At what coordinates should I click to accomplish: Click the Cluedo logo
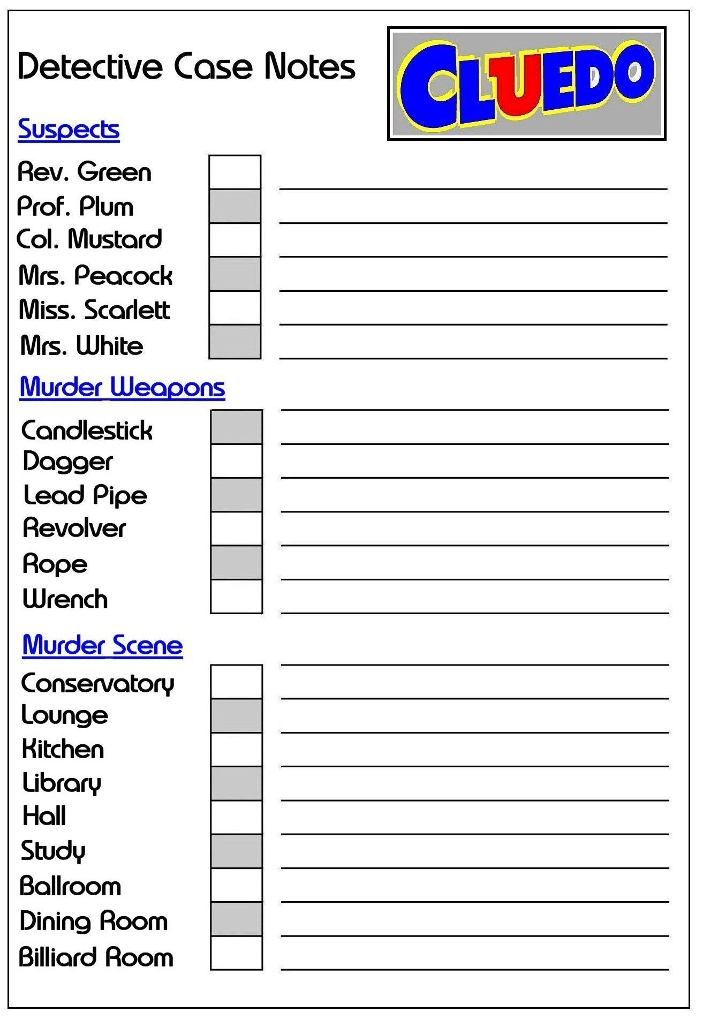pos(526,84)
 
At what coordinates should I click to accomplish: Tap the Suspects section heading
pos(69,130)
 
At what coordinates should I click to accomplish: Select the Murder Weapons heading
pos(122,387)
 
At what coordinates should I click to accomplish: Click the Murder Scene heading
pos(102,645)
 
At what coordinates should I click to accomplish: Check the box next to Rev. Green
pos(235,172)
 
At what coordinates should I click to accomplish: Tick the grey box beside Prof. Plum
pos(235,206)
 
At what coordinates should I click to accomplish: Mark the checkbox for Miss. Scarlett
pos(235,308)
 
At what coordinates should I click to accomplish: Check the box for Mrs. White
pos(235,342)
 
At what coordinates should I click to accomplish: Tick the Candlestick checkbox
pos(236,427)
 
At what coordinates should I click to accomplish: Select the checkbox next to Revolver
pos(236,528)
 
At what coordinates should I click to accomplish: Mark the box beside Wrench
pos(236,596)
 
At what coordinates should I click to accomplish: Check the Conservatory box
pos(236,682)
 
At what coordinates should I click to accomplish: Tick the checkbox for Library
pos(236,783)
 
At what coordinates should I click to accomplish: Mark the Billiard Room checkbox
pos(236,953)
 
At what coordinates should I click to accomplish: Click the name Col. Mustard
pos(89,239)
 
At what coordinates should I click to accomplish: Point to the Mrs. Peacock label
pos(95,275)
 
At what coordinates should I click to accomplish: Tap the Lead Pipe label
pos(85,495)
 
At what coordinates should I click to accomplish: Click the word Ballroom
pos(70,886)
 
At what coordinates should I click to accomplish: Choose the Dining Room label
pos(94,921)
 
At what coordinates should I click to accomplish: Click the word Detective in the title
pos(89,66)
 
